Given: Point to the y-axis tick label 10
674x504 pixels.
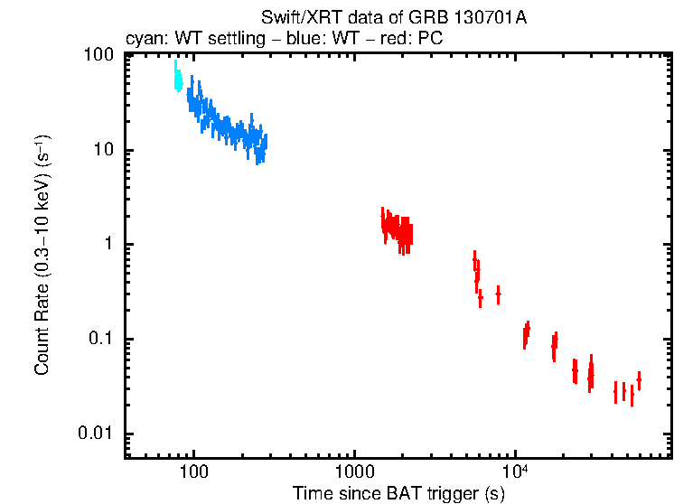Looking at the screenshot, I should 103,150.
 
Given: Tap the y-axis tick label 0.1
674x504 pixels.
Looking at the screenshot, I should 101,340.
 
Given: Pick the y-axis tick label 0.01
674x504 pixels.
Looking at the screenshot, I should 98,434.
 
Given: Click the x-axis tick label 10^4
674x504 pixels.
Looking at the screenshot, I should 514,471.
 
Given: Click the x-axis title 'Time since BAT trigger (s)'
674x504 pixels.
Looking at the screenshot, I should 398,493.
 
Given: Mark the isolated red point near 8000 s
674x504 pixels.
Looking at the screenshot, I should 498,294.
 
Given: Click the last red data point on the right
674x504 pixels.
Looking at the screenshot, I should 639,380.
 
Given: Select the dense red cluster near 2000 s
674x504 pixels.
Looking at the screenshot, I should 396,229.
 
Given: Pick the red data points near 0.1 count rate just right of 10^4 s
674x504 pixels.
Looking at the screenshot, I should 526,334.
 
